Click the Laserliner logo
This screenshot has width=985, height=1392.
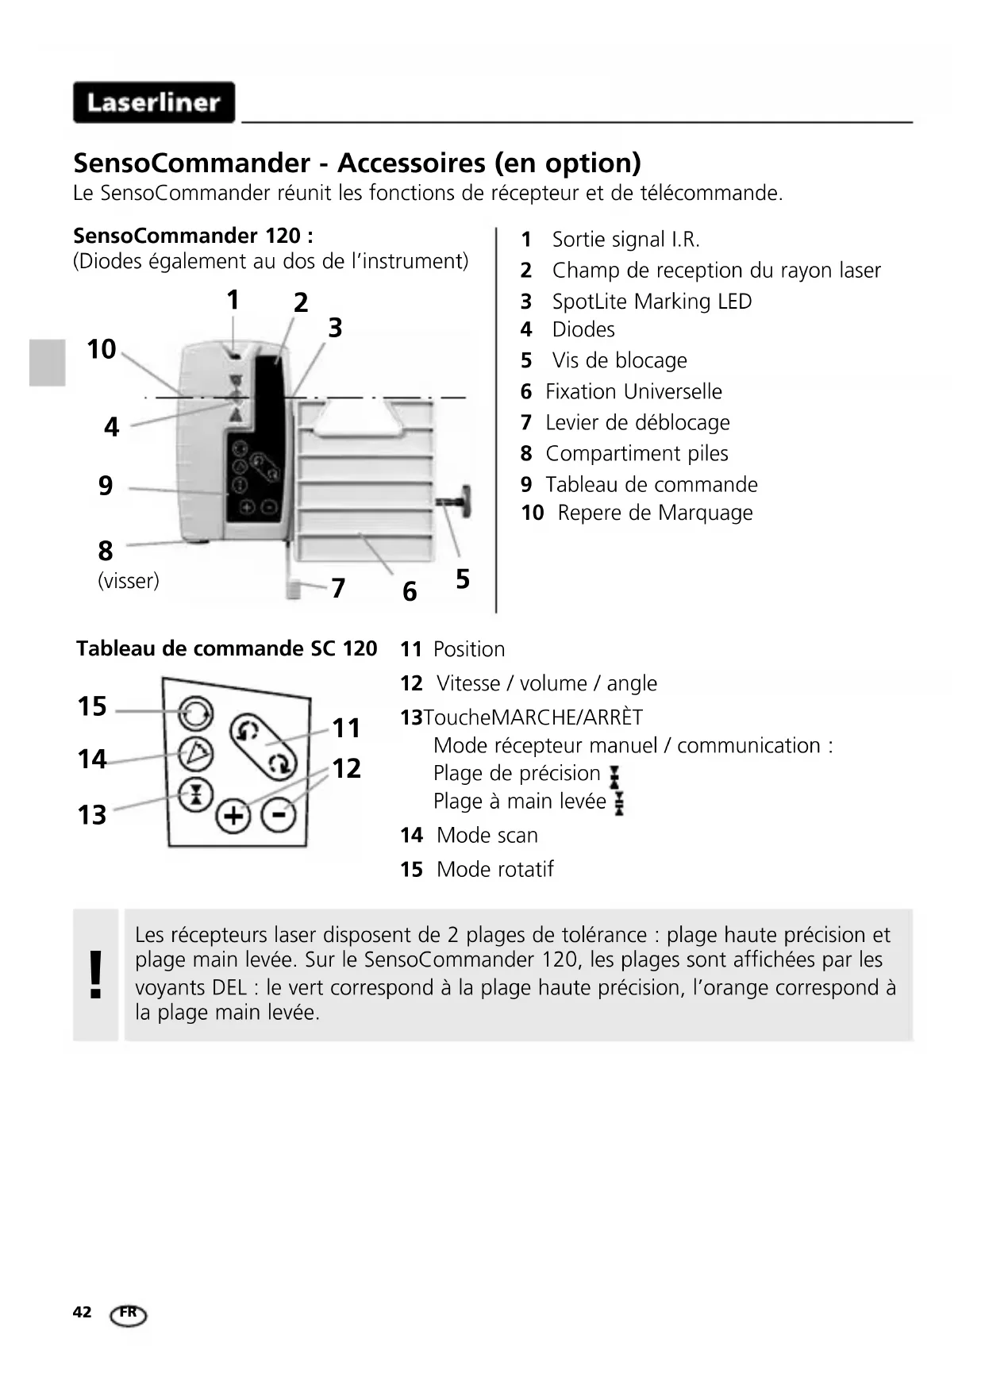pos(154,102)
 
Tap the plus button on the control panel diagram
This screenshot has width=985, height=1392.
pos(233,815)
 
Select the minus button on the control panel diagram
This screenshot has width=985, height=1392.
pos(279,814)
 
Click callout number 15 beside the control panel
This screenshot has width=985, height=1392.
pos(92,706)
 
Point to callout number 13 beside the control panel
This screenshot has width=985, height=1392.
pos(92,815)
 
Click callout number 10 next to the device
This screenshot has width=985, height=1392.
pos(101,349)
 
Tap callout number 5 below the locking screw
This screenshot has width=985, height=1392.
pos(463,579)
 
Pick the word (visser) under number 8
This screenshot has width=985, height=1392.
pos(129,581)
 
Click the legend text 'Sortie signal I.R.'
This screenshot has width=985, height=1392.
pos(625,240)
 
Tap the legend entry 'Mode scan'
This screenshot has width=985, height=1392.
pos(487,836)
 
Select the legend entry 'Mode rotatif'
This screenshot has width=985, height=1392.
pos(494,870)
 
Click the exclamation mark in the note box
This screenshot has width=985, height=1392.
pos(96,975)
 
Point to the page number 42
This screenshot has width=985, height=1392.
pos(82,1312)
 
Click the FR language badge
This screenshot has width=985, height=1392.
pos(129,1314)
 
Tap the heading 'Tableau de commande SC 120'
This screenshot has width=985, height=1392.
pos(226,649)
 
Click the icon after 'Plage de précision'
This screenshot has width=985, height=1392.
pos(614,775)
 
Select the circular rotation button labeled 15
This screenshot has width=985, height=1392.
pos(195,713)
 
